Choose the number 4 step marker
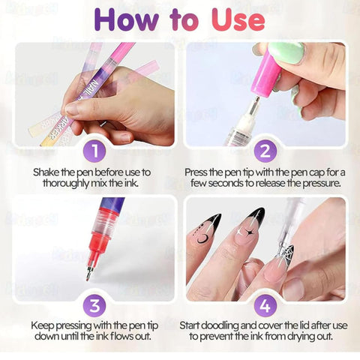pyautogui.click(x=265, y=305)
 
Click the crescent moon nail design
pyautogui.click(x=202, y=238)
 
